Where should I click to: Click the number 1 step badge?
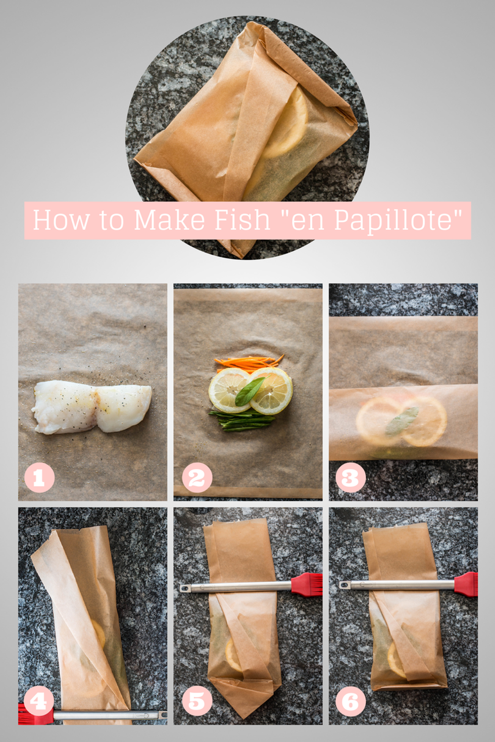[39, 478]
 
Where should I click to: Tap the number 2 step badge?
[197, 478]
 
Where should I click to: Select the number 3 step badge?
[351, 478]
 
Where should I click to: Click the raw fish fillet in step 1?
[91, 407]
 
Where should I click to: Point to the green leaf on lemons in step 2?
[250, 391]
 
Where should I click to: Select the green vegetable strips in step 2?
[242, 420]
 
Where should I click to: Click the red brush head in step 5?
[307, 585]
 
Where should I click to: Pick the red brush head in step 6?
[466, 584]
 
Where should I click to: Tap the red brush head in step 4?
[35, 715]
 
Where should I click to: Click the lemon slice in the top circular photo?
[285, 122]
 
